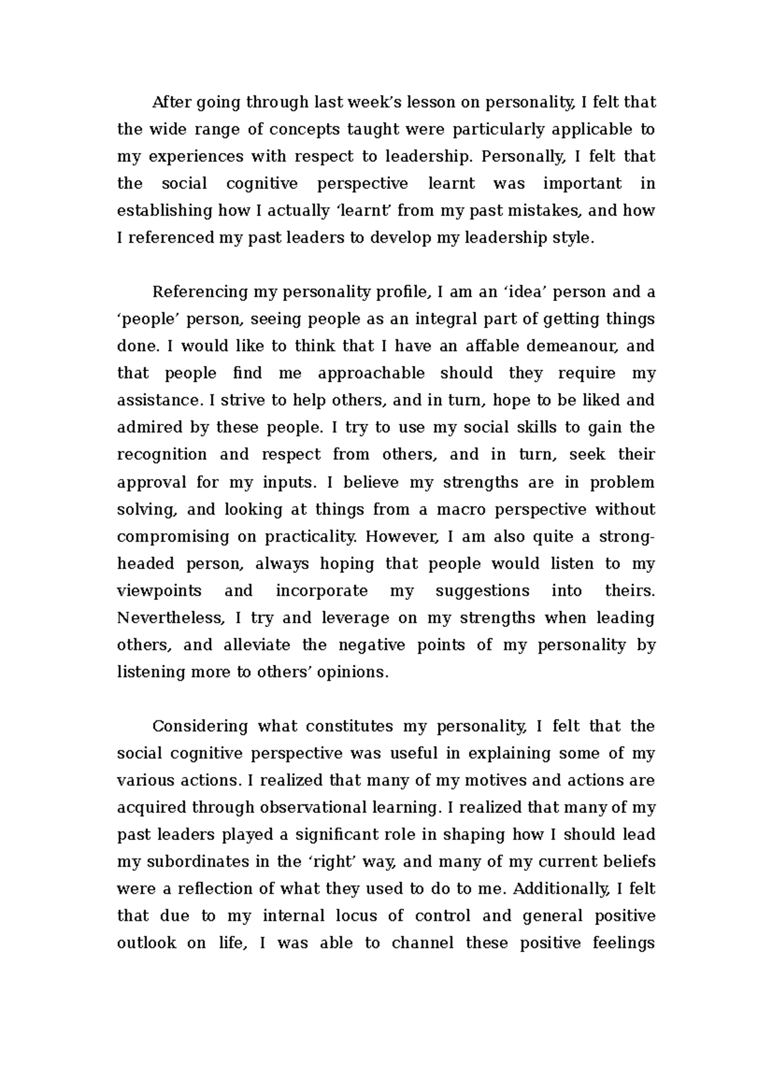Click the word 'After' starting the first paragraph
pos(171,102)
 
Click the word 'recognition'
pos(161,455)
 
